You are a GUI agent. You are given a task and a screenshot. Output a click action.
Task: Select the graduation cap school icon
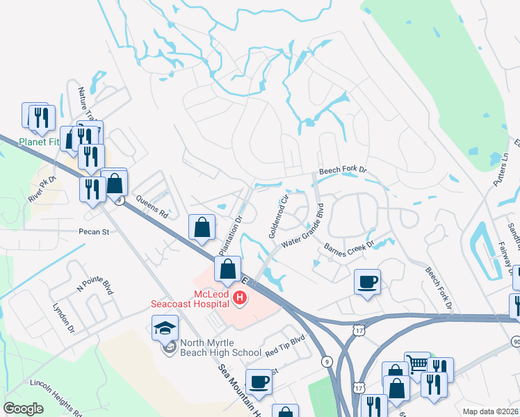coord(165,327)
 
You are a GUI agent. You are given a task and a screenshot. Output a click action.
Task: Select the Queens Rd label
coord(152,205)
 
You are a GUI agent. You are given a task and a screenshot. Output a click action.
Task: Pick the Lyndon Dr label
coord(62,315)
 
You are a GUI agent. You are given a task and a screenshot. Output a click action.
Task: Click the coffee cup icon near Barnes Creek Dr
coord(367,281)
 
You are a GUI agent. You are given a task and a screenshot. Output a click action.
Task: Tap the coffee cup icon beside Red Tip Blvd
coord(259,381)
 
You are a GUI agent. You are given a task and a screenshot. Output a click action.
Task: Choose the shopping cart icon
coord(417,363)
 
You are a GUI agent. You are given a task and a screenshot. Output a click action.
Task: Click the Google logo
coord(23,409)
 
